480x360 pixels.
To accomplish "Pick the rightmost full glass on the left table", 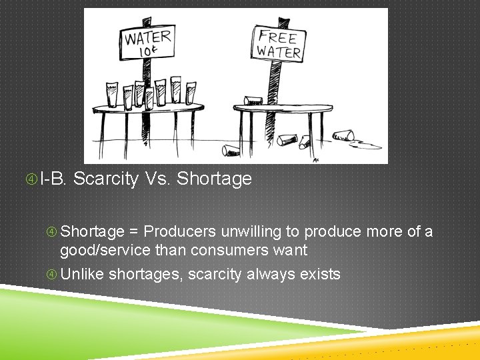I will (x=191, y=93).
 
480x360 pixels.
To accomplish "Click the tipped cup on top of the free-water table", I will (x=253, y=101).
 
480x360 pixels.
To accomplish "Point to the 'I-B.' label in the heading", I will (x=53, y=179).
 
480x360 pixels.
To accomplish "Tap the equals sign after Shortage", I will (x=134, y=232).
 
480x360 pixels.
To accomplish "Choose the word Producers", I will (x=179, y=232).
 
